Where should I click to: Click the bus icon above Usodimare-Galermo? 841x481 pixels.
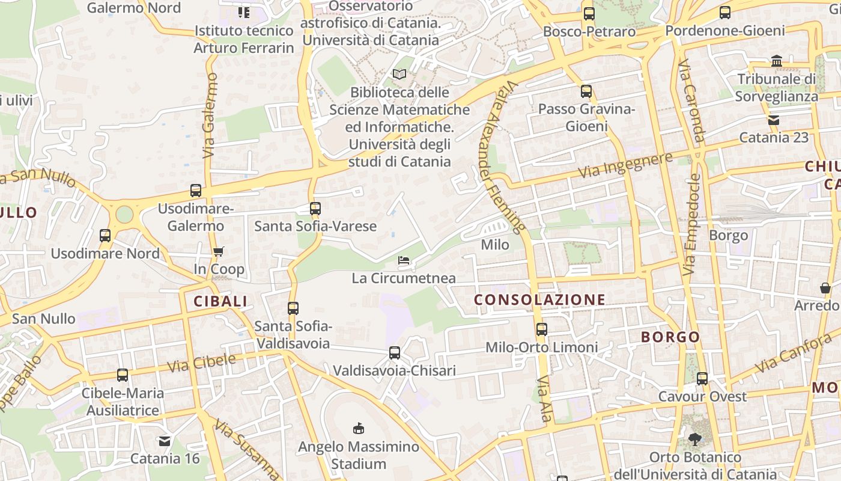coord(195,191)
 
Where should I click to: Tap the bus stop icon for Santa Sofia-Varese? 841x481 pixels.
coord(315,209)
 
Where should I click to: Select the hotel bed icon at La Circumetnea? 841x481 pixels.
coord(404,260)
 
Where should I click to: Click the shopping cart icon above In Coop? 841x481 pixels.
coord(218,251)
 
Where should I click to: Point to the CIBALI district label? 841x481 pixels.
coord(220,301)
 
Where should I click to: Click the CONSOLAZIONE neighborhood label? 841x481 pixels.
coord(539,299)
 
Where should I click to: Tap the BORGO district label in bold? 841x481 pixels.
coord(670,337)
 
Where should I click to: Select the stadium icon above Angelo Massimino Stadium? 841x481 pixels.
coord(359,428)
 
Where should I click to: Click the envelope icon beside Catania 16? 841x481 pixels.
coord(165,441)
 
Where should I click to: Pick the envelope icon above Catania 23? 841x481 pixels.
coord(774,120)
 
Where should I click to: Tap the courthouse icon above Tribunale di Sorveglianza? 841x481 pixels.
coord(777,61)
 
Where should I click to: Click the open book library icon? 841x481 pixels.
coord(399,75)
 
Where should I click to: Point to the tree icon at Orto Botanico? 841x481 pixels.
coord(695,440)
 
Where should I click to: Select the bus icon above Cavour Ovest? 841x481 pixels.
coord(702,379)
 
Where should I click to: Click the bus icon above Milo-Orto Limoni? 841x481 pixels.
coord(542,329)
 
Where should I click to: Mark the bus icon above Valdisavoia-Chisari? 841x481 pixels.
coord(395,353)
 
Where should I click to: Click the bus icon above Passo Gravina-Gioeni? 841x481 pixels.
coord(586,91)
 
